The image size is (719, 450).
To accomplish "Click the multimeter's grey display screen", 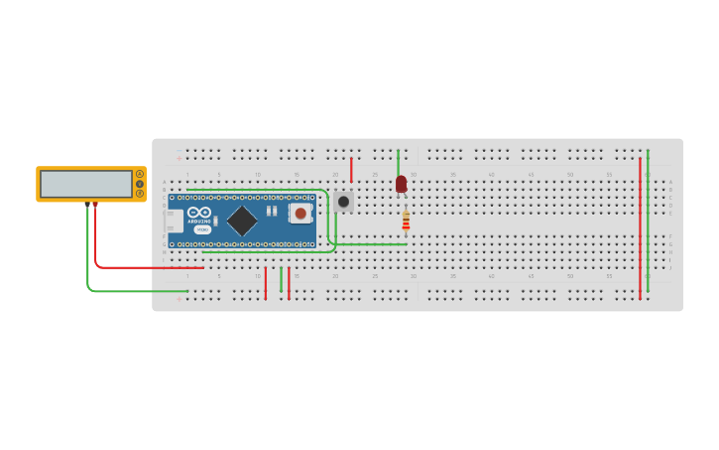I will point(86,184).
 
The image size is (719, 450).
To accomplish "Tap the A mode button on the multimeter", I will point(140,174).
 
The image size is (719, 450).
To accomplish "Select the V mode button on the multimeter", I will point(140,184).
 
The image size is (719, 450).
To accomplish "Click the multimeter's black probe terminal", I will point(88,204).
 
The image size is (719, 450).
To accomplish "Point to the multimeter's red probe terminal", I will point(95,204).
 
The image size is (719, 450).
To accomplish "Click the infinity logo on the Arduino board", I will point(198,212).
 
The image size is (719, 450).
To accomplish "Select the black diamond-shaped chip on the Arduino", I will point(242,221).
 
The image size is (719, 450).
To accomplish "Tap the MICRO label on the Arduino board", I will point(201,229).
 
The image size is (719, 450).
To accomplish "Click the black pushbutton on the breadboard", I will point(343,202).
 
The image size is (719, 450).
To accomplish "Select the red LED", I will point(401,184).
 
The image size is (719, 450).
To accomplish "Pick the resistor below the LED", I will point(406,221).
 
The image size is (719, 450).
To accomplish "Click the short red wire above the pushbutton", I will point(351,169).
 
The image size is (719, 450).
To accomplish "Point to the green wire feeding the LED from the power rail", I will point(398,161).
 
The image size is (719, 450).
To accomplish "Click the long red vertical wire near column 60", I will point(640,228).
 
